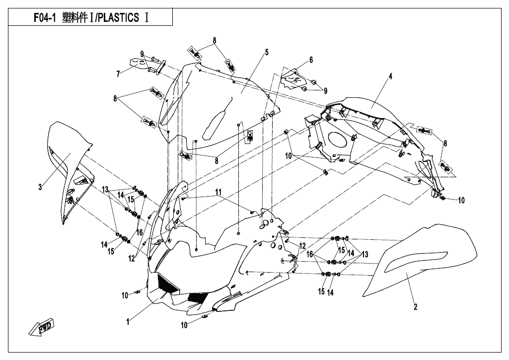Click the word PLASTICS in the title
(x=119, y=18)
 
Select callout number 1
(x=128, y=322)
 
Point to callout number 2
(x=416, y=306)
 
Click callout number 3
(x=40, y=187)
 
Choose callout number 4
(x=390, y=76)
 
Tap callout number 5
(x=267, y=52)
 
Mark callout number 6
(x=311, y=60)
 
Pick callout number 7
(x=118, y=74)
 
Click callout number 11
(x=218, y=192)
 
